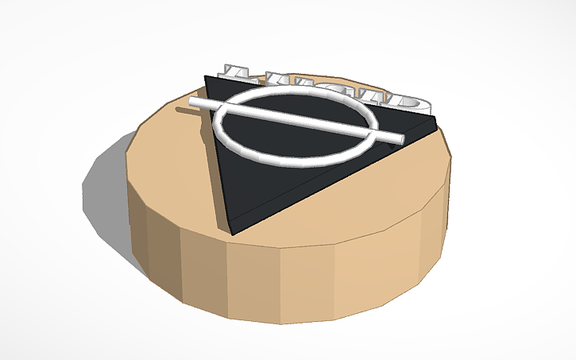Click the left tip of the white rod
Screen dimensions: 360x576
[x=194, y=103]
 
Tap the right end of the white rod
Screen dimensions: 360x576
[x=400, y=140]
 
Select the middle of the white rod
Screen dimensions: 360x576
[x=296, y=121]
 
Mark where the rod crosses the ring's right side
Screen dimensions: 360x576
[x=371, y=134]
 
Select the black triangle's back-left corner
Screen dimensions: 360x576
[x=206, y=77]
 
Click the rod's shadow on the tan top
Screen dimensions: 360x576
[x=184, y=111]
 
